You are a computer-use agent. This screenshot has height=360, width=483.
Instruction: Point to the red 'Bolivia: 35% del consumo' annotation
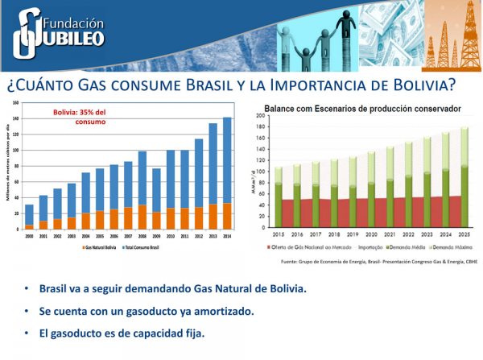coord(78,117)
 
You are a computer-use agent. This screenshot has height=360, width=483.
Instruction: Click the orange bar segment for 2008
coord(142,217)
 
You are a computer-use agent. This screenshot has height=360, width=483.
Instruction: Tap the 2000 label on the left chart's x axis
coord(29,236)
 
